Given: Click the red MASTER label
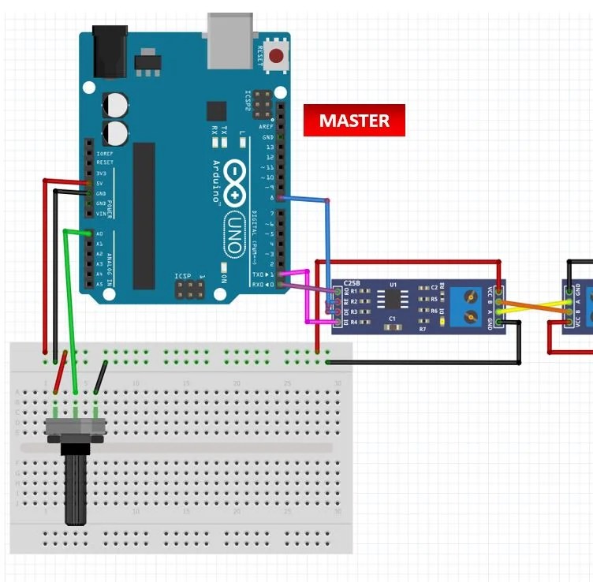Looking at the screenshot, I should pyautogui.click(x=354, y=121).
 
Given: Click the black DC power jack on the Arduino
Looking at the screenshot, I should pyautogui.click(x=110, y=50).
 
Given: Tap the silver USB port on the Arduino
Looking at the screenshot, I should pyautogui.click(x=231, y=41).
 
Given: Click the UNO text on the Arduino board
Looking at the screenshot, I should pyautogui.click(x=234, y=233).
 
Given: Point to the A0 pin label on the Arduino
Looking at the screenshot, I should pyautogui.click(x=99, y=234).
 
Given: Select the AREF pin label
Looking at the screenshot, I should pyautogui.click(x=268, y=127).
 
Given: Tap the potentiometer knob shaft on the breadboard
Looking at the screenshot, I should pyautogui.click(x=76, y=489).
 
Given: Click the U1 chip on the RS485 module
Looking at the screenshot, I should pyautogui.click(x=392, y=299).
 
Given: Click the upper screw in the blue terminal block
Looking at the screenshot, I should pyautogui.click(x=470, y=299).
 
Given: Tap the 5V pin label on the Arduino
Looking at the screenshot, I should pyautogui.click(x=100, y=183).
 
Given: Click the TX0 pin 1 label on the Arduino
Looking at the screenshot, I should pyautogui.click(x=259, y=274).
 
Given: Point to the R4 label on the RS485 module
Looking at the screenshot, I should pyautogui.click(x=354, y=322).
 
